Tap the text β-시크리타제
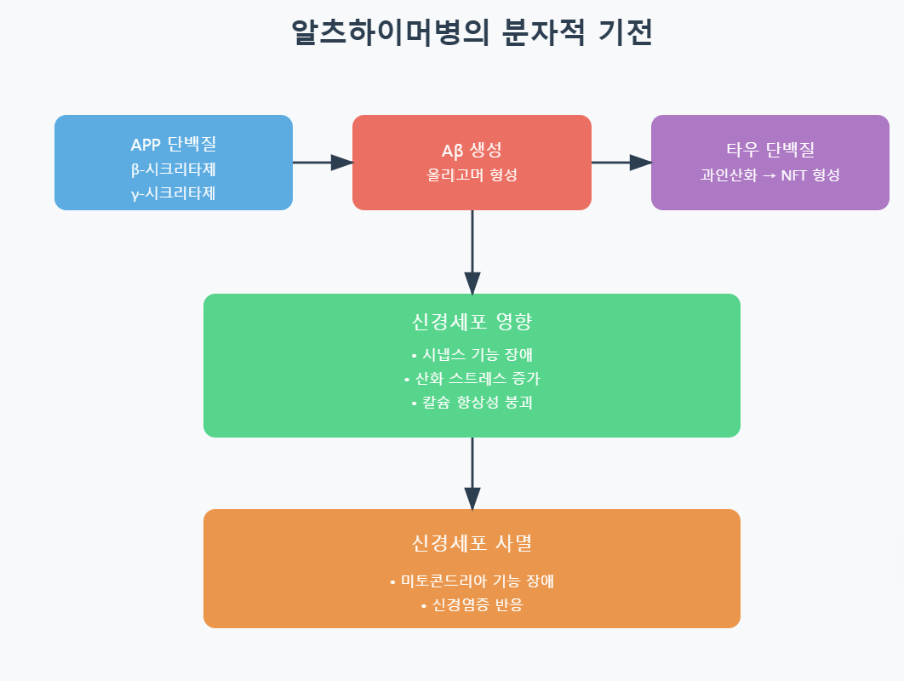(x=174, y=169)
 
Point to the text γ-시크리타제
(x=174, y=193)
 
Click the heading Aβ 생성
(x=472, y=151)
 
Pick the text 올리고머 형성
(x=472, y=175)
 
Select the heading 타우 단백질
(x=770, y=151)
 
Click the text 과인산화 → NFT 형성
(x=770, y=175)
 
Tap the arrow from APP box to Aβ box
(x=323, y=162)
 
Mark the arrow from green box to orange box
(x=472, y=473)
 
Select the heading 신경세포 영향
(x=472, y=323)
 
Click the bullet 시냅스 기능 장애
(x=472, y=355)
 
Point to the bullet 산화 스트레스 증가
(x=472, y=379)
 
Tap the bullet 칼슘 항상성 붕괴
(x=472, y=403)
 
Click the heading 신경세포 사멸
(x=472, y=543)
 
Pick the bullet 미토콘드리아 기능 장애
(x=472, y=581)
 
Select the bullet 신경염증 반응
(x=472, y=605)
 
